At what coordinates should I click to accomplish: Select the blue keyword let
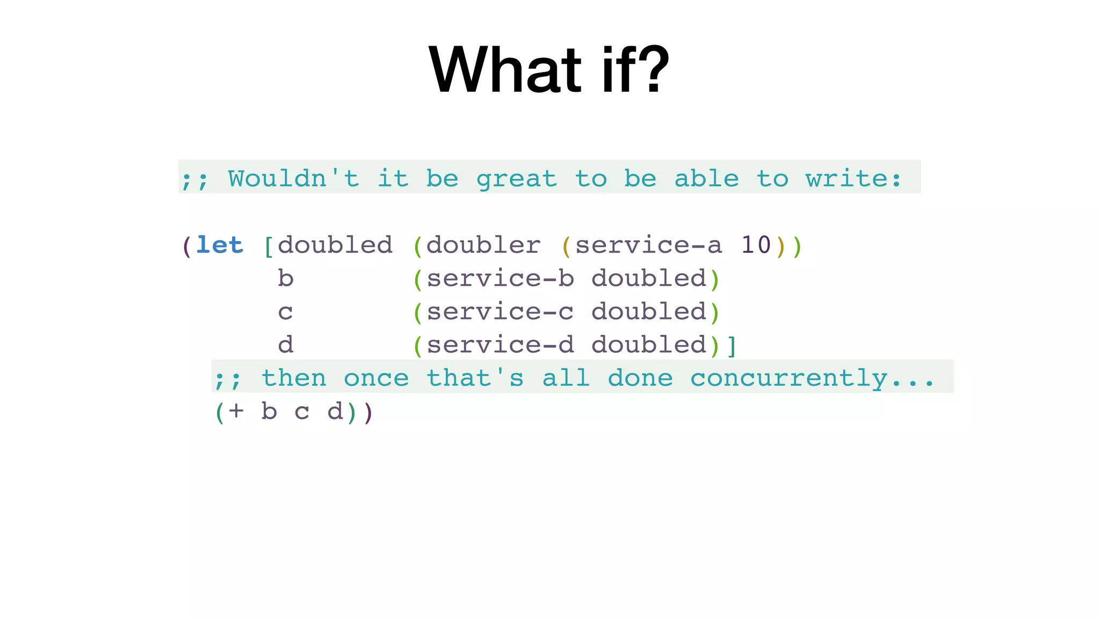click(x=219, y=246)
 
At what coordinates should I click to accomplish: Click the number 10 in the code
click(x=756, y=246)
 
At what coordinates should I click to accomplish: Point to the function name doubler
click(x=483, y=246)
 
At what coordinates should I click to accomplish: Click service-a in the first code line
click(x=648, y=246)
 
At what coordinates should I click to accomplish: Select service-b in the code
click(x=500, y=279)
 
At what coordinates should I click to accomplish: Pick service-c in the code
click(x=500, y=312)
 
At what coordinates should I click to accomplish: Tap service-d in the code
click(x=500, y=345)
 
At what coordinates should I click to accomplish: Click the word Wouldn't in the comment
click(x=293, y=178)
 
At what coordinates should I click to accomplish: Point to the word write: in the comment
click(x=853, y=178)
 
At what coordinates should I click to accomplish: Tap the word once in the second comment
click(x=376, y=378)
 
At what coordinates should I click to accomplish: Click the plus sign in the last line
click(x=236, y=412)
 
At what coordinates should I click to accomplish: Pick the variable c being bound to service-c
click(x=285, y=312)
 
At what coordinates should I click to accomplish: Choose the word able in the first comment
click(x=706, y=178)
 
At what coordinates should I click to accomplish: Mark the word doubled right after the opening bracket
click(x=335, y=246)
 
